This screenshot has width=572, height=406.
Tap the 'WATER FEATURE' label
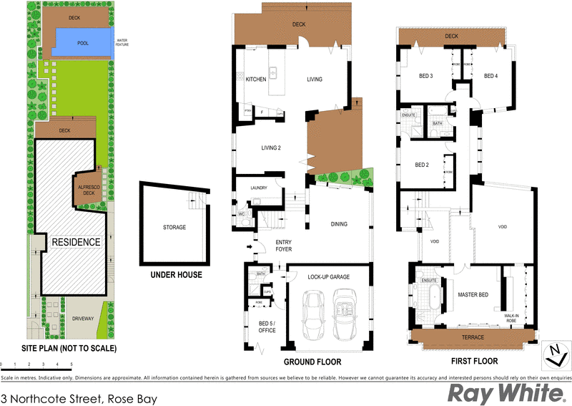click(x=127, y=42)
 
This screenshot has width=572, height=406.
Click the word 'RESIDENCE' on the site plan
click(x=75, y=242)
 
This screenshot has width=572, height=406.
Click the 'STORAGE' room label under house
click(x=174, y=227)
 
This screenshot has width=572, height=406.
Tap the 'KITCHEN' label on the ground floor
click(x=256, y=79)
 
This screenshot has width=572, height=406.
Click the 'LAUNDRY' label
click(x=258, y=189)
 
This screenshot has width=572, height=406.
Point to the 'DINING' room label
click(x=339, y=224)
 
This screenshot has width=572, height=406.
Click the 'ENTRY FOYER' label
click(x=284, y=246)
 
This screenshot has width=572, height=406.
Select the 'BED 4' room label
click(x=490, y=76)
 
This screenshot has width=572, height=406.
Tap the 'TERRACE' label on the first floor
click(x=473, y=337)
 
